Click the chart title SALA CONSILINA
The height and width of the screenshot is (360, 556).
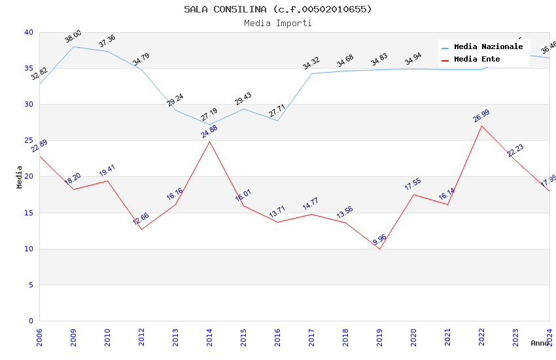(277, 9)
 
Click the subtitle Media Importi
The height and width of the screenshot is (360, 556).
(277, 24)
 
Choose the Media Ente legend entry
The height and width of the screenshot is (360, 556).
(477, 60)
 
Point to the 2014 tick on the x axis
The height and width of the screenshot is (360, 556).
(209, 337)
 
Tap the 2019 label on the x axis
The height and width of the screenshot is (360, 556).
(379, 337)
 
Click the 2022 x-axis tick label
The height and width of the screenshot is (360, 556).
(481, 337)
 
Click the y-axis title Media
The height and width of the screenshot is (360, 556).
(20, 177)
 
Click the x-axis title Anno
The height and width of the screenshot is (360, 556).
(540, 343)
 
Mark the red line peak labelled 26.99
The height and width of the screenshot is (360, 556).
(481, 126)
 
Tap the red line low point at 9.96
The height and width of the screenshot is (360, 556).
(379, 249)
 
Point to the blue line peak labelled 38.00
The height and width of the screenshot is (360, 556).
(73, 46)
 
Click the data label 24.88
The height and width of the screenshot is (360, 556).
(209, 131)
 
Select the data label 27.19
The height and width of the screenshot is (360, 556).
(209, 115)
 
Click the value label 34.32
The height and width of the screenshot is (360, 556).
(311, 63)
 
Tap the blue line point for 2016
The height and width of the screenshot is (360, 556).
(277, 120)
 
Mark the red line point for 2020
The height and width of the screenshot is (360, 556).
(413, 194)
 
